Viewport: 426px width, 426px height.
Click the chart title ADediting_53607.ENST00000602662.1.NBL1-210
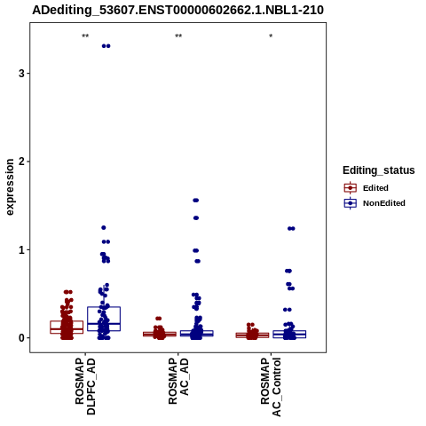click(x=177, y=11)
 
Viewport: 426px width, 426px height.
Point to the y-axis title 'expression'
click(x=10, y=187)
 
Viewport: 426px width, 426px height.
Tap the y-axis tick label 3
click(x=21, y=73)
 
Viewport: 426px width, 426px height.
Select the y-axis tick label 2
click(x=21, y=162)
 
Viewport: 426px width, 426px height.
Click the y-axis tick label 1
click(x=21, y=250)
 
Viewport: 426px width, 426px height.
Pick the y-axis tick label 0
click(x=21, y=338)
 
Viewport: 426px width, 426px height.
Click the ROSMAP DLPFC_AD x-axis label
click(x=85, y=386)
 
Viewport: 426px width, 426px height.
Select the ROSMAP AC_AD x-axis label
click(x=178, y=382)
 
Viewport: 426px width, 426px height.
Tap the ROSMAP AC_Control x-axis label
click(x=271, y=387)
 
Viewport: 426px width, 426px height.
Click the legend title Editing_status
click(x=379, y=170)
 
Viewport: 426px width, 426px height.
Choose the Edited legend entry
click(x=367, y=188)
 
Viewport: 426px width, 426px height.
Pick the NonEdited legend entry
click(x=375, y=203)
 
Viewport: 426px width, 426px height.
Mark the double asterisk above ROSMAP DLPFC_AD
click(x=85, y=36)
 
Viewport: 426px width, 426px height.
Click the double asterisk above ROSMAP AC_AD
click(x=178, y=36)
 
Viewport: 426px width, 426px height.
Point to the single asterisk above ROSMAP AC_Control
click(x=271, y=36)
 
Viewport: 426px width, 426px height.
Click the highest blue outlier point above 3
click(x=106, y=46)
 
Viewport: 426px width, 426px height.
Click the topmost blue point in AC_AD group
click(x=196, y=201)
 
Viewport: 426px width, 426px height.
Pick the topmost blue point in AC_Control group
click(x=291, y=228)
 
